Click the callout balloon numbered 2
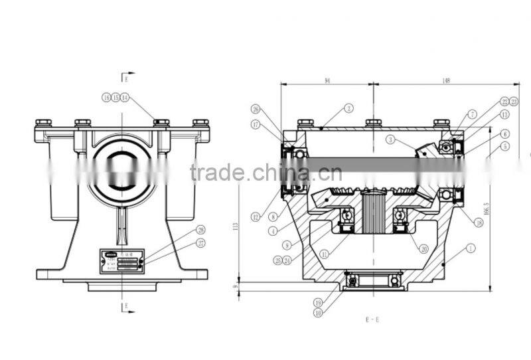348,108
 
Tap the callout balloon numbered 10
319,313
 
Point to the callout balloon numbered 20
423,250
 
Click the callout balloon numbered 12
256,216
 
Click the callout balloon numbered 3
392,140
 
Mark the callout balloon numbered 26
256,108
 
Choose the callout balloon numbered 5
506,145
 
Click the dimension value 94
327,80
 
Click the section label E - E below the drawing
374,319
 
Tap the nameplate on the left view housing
121,260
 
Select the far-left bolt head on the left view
44,123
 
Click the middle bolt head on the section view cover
373,123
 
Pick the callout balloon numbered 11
324,253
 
